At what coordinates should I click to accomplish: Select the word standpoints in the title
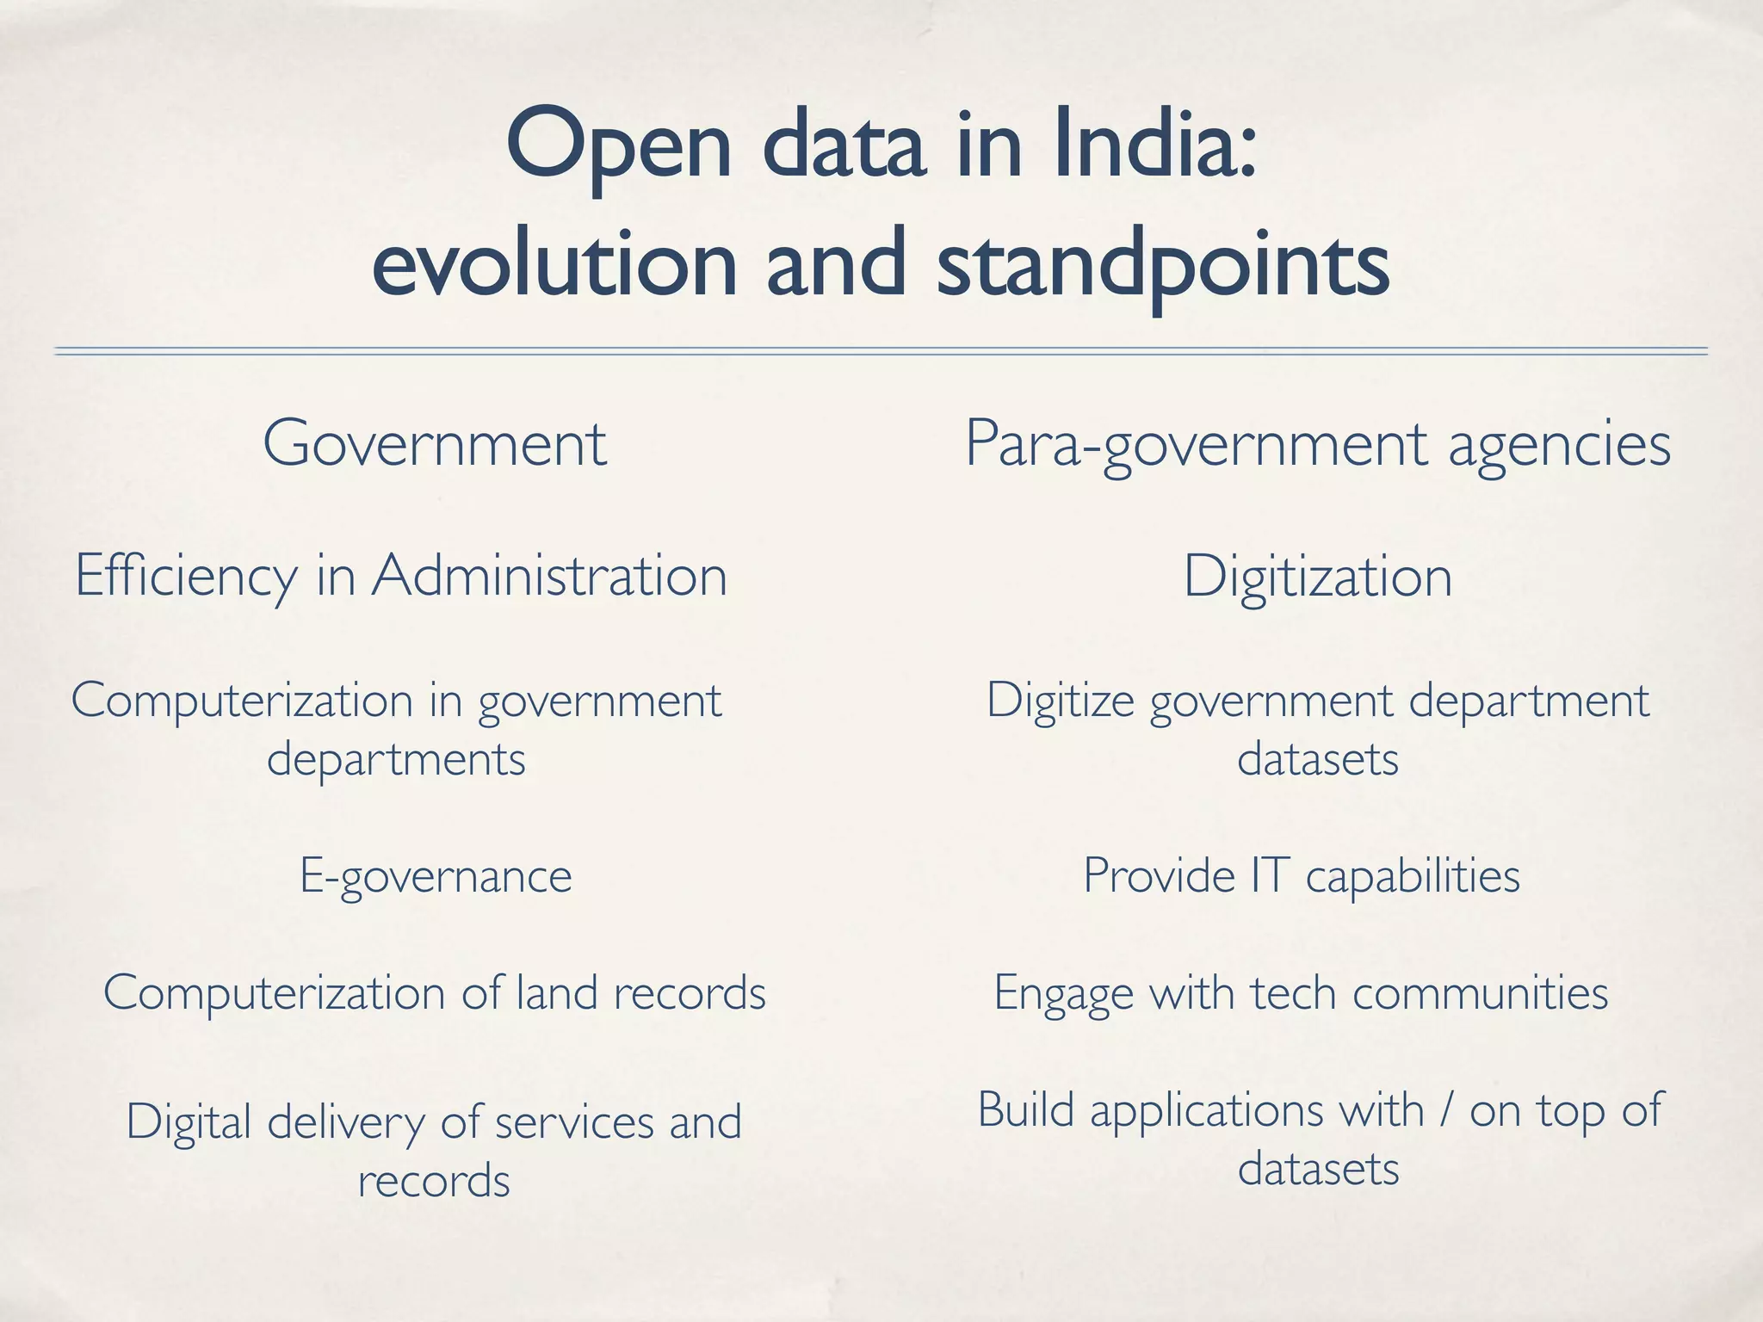[x=1162, y=263]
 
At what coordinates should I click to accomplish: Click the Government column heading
[x=435, y=443]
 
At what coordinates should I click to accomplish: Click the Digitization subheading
[x=1317, y=576]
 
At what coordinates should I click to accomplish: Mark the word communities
[x=1480, y=992]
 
